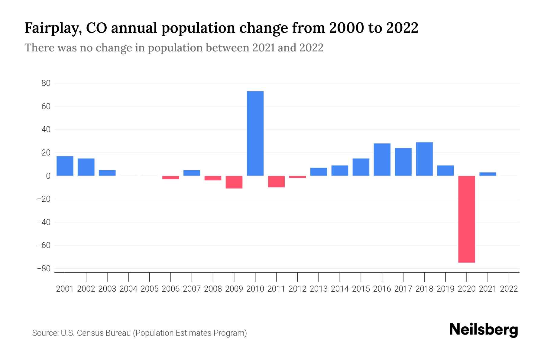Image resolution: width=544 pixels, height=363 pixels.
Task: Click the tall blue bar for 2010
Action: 255,133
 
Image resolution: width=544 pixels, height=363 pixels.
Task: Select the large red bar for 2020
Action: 466,219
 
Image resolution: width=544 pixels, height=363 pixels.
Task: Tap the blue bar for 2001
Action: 65,166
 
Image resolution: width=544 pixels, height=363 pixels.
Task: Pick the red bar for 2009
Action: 234,182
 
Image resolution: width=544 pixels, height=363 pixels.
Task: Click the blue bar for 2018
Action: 424,159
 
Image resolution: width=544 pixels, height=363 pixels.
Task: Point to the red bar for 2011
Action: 276,181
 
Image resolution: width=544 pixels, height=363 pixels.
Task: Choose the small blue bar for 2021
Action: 487,174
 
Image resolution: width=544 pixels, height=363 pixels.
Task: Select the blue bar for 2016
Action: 382,159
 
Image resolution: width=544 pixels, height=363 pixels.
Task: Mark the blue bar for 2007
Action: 192,173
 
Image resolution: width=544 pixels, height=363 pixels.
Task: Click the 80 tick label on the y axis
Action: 46,83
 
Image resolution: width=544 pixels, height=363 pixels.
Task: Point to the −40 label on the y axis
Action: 44,222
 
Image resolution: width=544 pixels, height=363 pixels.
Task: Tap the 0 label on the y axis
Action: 48,176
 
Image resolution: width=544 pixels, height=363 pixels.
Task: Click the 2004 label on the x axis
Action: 128,289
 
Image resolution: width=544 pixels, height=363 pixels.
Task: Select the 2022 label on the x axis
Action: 509,289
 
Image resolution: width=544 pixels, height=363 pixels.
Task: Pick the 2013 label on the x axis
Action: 319,289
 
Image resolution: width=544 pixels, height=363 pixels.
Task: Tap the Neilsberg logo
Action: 484,330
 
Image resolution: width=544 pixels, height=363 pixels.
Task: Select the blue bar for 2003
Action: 107,173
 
